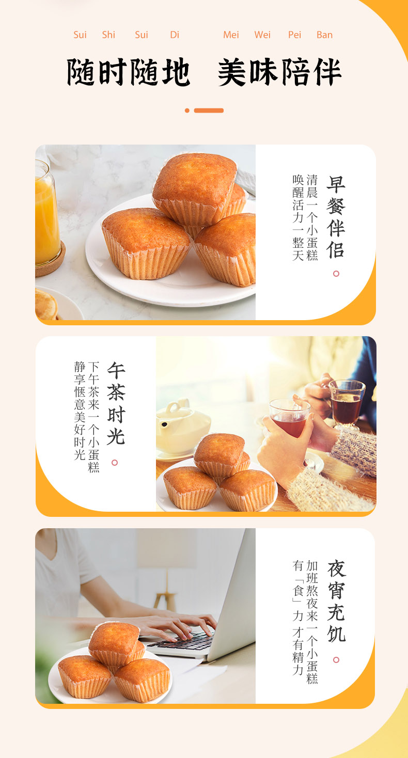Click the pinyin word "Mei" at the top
[231, 35]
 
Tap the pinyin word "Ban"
[324, 35]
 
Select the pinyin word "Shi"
[108, 35]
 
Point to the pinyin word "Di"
[175, 35]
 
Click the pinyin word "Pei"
[294, 35]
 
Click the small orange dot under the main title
[187, 110]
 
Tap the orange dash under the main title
[209, 110]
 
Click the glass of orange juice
[46, 217]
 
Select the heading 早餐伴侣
[336, 217]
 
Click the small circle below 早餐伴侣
[336, 274]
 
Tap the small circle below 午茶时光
[115, 463]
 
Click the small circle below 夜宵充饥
[336, 660]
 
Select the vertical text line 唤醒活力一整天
[297, 217]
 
